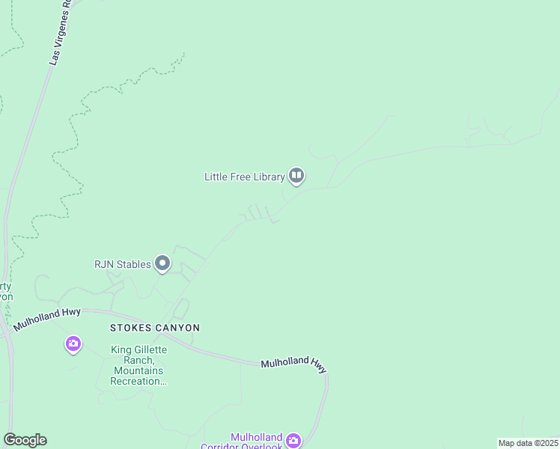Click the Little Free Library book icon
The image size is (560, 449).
296,177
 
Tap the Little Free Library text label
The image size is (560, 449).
245,177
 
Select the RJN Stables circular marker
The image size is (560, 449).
162,263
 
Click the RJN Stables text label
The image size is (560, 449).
122,263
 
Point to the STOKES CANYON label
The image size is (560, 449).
155,328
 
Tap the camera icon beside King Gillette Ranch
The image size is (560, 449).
73,343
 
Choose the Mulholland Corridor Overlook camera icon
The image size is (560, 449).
293,441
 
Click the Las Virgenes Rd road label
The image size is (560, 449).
59,34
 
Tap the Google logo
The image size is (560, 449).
25,440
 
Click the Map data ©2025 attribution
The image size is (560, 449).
528,443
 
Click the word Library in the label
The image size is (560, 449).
267,177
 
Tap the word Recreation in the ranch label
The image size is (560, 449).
137,382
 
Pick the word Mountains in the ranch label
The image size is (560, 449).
139,371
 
